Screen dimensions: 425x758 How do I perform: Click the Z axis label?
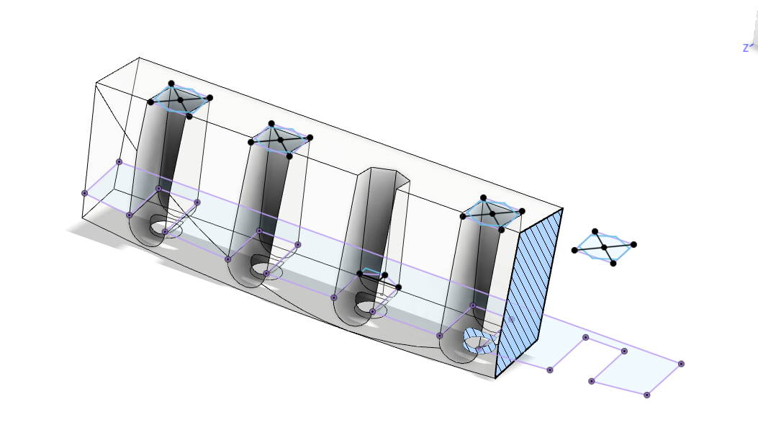(746, 48)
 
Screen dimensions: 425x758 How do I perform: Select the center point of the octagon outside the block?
(605, 247)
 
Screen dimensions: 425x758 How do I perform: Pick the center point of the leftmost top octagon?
(180, 99)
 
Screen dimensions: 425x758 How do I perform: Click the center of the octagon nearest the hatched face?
(492, 213)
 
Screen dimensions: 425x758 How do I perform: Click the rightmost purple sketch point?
(681, 364)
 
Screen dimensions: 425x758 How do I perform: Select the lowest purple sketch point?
(646, 395)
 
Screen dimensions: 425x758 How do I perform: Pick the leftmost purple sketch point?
(84, 193)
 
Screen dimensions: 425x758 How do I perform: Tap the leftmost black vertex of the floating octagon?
(574, 250)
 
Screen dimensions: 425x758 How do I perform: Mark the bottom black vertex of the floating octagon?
(613, 263)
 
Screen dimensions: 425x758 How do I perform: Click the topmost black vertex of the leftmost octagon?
(171, 84)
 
